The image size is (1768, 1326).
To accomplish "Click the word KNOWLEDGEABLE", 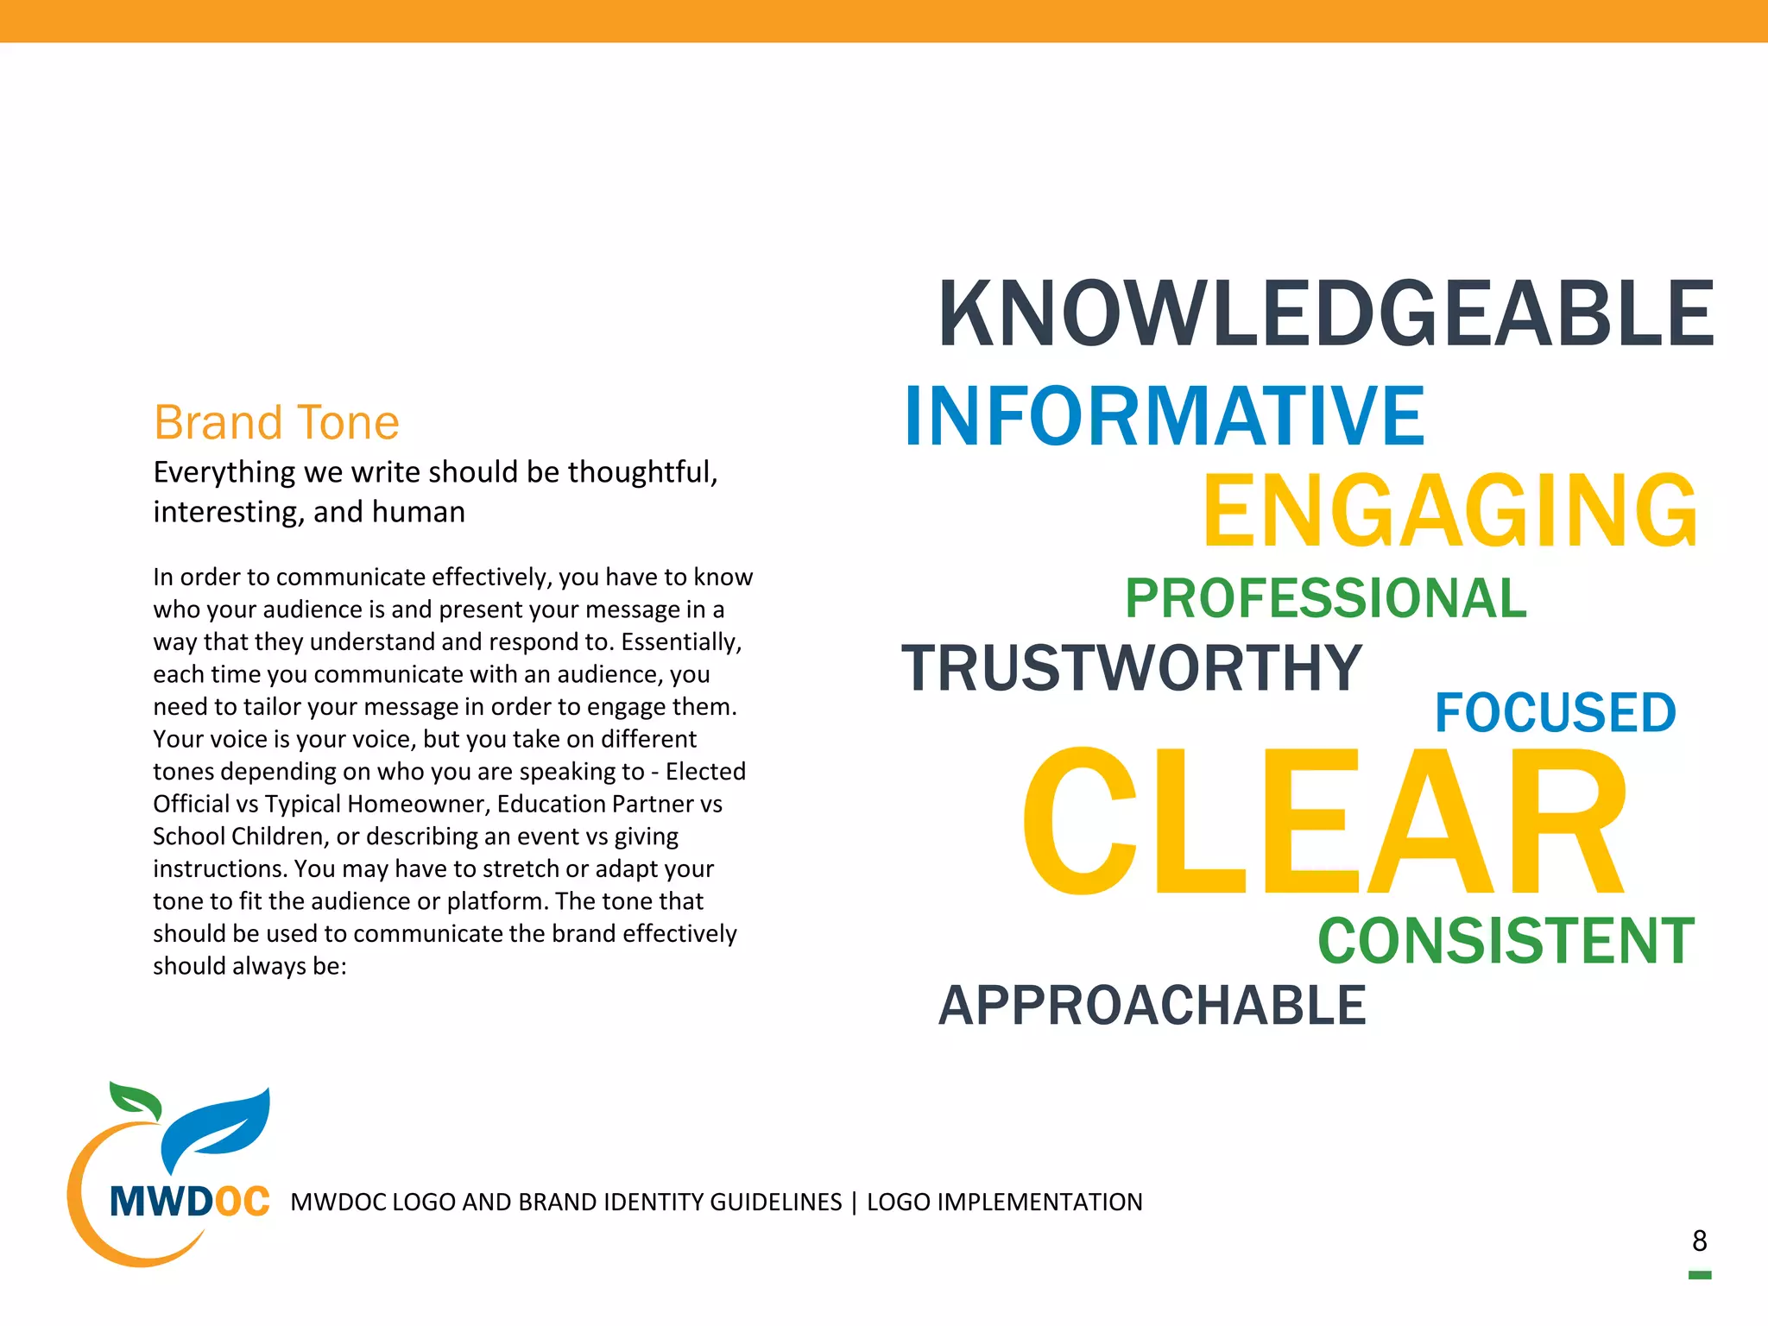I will click(x=1325, y=314).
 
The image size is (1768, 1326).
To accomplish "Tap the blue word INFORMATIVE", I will click(x=1164, y=417).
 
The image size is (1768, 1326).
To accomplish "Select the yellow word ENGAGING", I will click(x=1450, y=511).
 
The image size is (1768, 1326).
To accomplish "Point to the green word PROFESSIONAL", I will click(x=1326, y=598).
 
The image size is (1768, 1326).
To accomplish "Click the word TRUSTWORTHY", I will click(x=1132, y=668).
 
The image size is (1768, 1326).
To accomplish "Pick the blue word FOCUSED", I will click(x=1555, y=713).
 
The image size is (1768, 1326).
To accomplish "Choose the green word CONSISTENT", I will click(x=1506, y=941).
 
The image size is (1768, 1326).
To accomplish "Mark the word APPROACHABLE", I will click(x=1152, y=1006).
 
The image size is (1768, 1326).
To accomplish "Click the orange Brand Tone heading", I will click(x=276, y=423).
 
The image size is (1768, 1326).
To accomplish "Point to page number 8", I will click(x=1699, y=1241).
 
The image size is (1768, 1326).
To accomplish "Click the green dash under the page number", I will click(x=1699, y=1275).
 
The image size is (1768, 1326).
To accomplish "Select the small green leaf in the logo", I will click(x=136, y=1101).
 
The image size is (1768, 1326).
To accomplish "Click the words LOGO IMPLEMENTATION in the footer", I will click(x=1004, y=1202).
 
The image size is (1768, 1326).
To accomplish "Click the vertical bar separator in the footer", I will click(x=854, y=1202).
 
